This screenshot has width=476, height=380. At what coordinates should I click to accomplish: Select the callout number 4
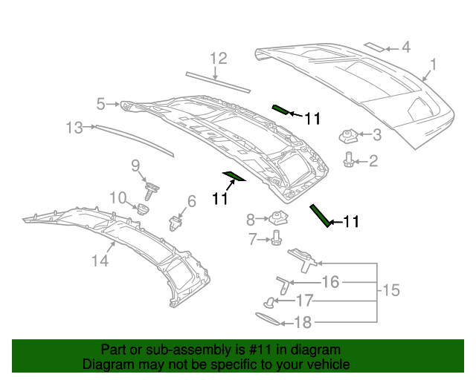pyautogui.click(x=405, y=47)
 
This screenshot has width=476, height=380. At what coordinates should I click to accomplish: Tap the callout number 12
pyautogui.click(x=217, y=58)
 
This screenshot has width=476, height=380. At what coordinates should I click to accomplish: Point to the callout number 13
pyautogui.click(x=73, y=128)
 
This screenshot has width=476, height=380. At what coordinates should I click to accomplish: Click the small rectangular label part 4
pyautogui.click(x=374, y=47)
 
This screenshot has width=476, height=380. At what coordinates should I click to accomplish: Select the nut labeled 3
pyautogui.click(x=348, y=136)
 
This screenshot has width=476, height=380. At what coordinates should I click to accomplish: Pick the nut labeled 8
pyautogui.click(x=279, y=218)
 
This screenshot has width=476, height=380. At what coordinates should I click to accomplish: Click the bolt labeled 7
pyautogui.click(x=277, y=238)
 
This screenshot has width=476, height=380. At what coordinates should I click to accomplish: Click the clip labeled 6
pyautogui.click(x=176, y=222)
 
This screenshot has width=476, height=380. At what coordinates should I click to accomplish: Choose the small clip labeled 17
pyautogui.click(x=269, y=301)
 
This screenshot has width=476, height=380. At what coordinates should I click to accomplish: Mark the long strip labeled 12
pyautogui.click(x=218, y=81)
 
